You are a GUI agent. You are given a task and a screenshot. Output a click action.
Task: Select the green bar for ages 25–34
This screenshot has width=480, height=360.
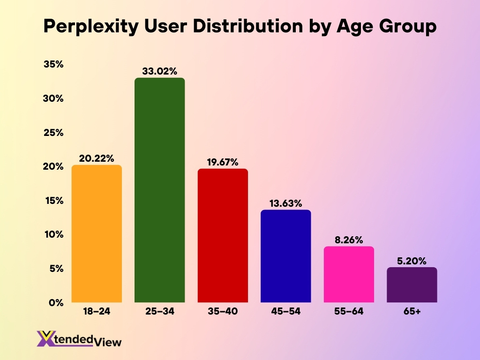coord(159,190)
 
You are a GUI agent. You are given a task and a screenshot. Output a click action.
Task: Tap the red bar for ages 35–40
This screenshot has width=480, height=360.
coord(223,235)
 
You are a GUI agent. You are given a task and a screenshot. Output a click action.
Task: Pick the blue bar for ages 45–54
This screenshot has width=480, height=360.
coord(285,256)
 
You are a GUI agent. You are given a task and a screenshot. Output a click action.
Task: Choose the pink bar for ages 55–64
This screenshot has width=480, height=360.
coord(349,274)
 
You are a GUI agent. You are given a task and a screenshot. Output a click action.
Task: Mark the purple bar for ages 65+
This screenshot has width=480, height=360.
coord(412,285)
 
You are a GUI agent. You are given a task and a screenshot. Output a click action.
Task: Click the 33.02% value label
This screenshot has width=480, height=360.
coord(159,71)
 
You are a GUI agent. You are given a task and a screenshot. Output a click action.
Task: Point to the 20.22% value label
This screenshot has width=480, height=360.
coord(97,158)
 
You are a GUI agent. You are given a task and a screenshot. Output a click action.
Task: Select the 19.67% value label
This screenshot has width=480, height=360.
coord(223,162)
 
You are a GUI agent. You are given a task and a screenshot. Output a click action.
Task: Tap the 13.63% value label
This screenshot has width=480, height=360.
coord(285,203)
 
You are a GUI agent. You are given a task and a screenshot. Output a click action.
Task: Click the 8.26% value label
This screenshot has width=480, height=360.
coord(349,240)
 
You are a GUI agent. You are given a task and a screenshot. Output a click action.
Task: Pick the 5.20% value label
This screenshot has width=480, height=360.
coord(412,261)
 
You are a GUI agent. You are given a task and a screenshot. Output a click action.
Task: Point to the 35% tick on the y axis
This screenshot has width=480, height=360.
coord(53,65)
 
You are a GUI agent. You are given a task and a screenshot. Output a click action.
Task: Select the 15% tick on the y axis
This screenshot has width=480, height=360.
coord(53,201)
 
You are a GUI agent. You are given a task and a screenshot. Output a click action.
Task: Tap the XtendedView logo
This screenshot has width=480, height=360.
coord(79,339)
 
